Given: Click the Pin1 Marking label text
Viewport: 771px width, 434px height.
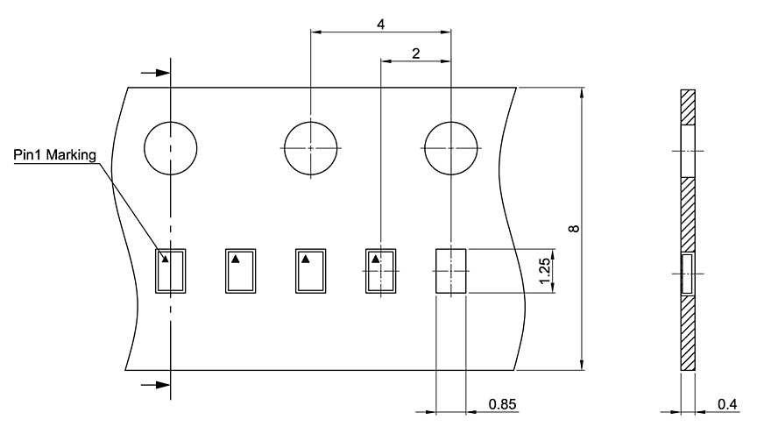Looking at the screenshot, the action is coord(54,155).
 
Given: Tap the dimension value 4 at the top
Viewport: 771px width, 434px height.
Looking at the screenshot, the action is coord(381,25).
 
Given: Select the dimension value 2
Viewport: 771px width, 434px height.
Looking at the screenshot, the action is coord(416,53).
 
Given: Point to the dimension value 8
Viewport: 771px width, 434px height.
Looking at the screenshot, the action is coord(573,228).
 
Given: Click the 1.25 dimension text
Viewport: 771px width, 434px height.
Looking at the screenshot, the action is coord(545,271).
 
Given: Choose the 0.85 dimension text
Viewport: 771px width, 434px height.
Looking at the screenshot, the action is coord(503,404).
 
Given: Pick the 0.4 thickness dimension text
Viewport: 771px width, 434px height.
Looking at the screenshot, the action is coord(727,404).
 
